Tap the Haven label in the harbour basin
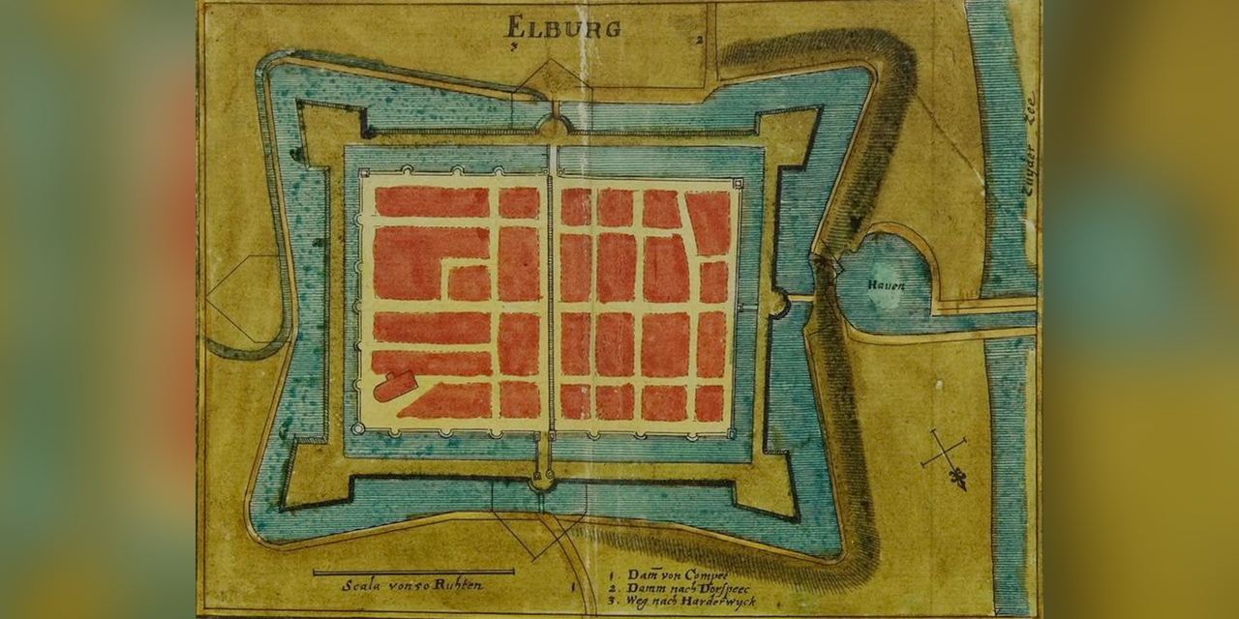[886, 284]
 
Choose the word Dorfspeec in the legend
[714, 588]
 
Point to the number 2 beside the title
[698, 40]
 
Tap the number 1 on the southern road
[574, 585]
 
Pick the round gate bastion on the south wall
[542, 478]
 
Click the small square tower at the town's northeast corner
[739, 183]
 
